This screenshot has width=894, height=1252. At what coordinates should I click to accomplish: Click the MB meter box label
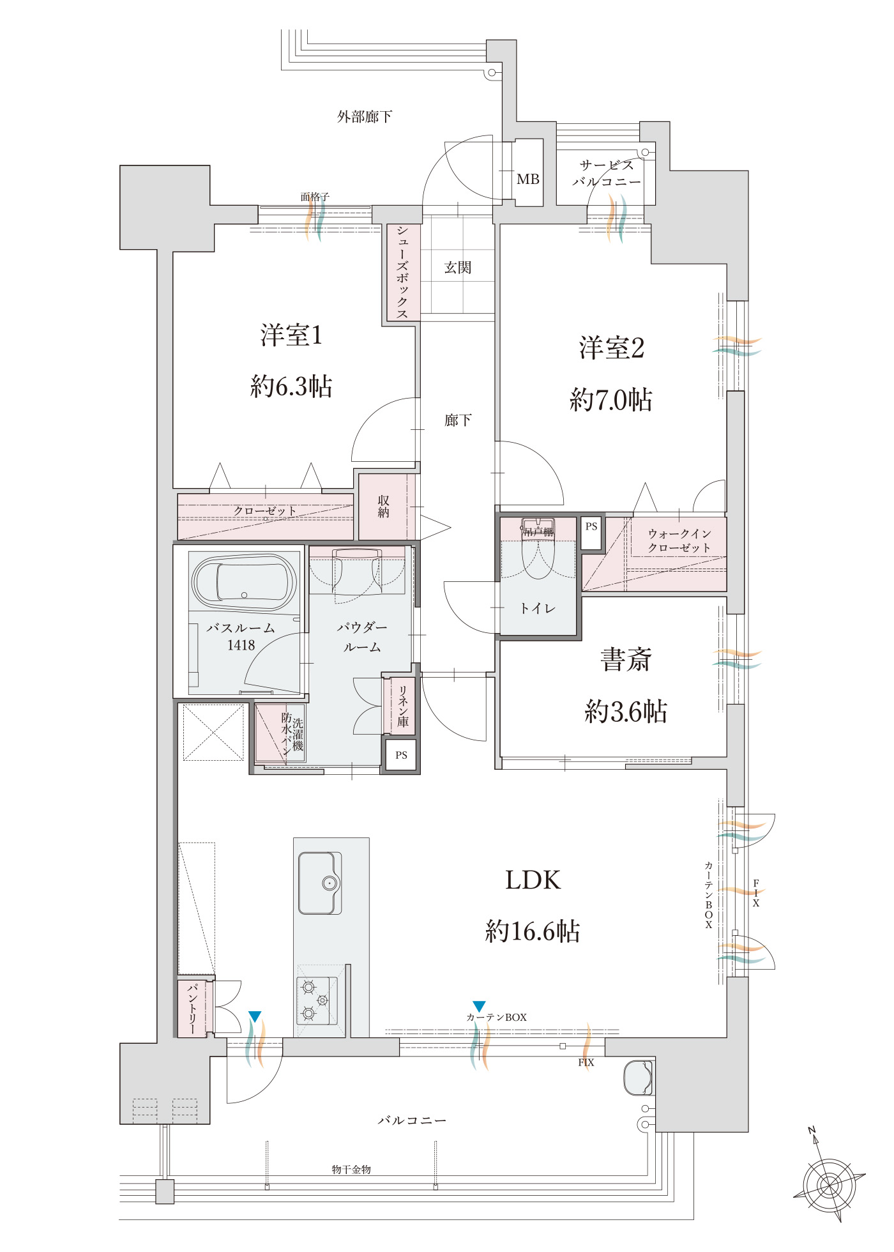point(528,179)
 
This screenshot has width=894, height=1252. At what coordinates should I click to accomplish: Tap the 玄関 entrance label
point(458,268)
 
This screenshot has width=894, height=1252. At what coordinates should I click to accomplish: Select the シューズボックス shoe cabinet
point(403,272)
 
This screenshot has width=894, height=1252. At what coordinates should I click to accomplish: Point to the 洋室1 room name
point(291,335)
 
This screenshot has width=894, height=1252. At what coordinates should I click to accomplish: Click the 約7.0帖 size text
point(611,400)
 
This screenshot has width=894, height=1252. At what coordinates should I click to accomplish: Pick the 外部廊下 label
point(365,117)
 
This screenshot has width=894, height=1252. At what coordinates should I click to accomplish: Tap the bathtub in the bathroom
point(244,582)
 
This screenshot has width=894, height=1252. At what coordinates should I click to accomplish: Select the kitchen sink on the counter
point(320,883)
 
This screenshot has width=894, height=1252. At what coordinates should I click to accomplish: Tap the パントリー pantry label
point(192,1009)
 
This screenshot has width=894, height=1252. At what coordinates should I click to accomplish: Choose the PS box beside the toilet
point(591,533)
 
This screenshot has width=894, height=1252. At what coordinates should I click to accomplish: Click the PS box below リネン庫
point(401,755)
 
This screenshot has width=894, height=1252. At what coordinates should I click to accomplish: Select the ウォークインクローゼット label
point(679,540)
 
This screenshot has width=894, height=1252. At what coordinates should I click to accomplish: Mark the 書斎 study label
point(626,660)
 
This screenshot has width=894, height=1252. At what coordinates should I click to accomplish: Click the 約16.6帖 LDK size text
point(533,932)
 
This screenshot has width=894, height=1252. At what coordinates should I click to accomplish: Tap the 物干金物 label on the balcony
point(351,1169)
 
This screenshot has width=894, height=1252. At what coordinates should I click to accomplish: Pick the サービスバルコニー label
point(607,173)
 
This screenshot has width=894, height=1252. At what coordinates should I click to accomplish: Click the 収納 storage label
point(383,507)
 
